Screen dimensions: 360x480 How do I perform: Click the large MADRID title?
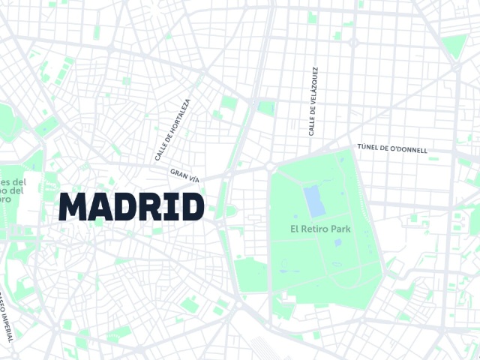pos(131,207)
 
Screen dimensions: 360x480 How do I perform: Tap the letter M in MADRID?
pos(73,207)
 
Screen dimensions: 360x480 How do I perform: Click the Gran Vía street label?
pos(184,175)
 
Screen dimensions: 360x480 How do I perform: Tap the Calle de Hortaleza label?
pos(172,130)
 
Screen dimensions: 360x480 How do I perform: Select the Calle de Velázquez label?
pos(312,100)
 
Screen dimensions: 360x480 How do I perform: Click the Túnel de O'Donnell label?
pos(393,148)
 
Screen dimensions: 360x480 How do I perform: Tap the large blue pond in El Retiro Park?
pos(313,200)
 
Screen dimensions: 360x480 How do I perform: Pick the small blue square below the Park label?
pos(337,242)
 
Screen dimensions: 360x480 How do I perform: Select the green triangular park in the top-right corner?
pos(453,46)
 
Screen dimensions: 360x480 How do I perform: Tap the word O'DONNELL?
pos(409,149)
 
